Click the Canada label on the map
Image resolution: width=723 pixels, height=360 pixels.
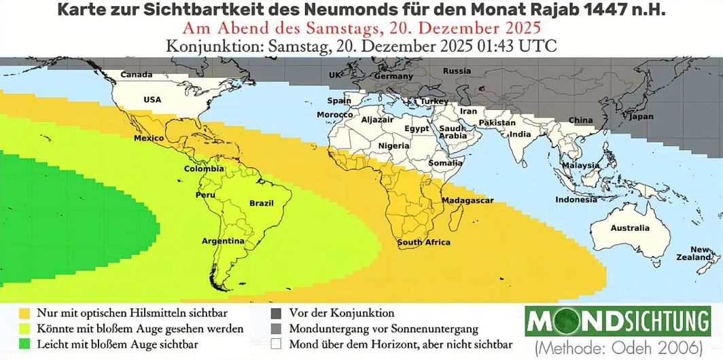(x=137, y=75)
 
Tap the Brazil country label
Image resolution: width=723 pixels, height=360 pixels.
(x=261, y=203)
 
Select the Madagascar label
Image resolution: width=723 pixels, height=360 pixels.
(x=468, y=201)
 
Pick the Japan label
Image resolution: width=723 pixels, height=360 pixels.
(x=641, y=117)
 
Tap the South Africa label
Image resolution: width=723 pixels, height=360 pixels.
(x=424, y=242)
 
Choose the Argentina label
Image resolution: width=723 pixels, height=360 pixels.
(x=222, y=241)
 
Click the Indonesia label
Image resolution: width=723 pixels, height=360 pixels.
(x=576, y=200)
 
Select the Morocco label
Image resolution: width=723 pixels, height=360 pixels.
(x=334, y=115)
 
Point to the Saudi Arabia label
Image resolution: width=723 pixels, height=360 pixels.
(x=453, y=132)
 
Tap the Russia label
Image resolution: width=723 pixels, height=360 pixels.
(x=457, y=71)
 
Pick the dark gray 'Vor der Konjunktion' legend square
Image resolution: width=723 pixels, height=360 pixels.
(x=277, y=314)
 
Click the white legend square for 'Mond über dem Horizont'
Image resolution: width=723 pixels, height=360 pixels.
(x=277, y=344)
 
